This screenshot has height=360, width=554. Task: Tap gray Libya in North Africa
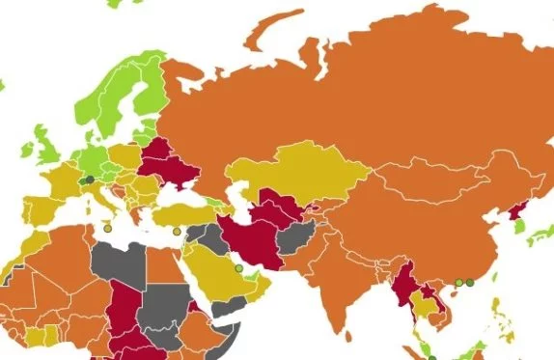coord(123,261)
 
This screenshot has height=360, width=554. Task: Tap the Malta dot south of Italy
coord(108,229)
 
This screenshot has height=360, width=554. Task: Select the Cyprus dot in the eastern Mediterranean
coord(177,232)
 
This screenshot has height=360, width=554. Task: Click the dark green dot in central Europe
coord(90,179)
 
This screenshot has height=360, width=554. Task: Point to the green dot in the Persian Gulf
coord(238,268)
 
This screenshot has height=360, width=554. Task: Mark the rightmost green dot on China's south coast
coord(470,283)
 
